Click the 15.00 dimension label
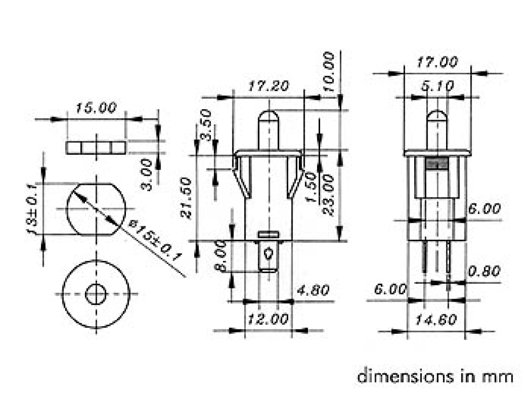pyautogui.click(x=96, y=108)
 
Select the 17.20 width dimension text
pyautogui.click(x=268, y=87)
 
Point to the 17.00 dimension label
pyautogui.click(x=437, y=62)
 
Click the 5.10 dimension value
pyautogui.click(x=437, y=86)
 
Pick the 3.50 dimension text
pyautogui.click(x=206, y=124)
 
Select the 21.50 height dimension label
pyautogui.click(x=187, y=198)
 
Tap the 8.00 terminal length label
pyautogui.click(x=222, y=256)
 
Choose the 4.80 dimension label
pyautogui.click(x=312, y=290)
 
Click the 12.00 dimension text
pyautogui.click(x=268, y=319)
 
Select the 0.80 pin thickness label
pyautogui.click(x=484, y=272)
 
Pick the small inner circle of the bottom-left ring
pyautogui.click(x=96, y=294)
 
